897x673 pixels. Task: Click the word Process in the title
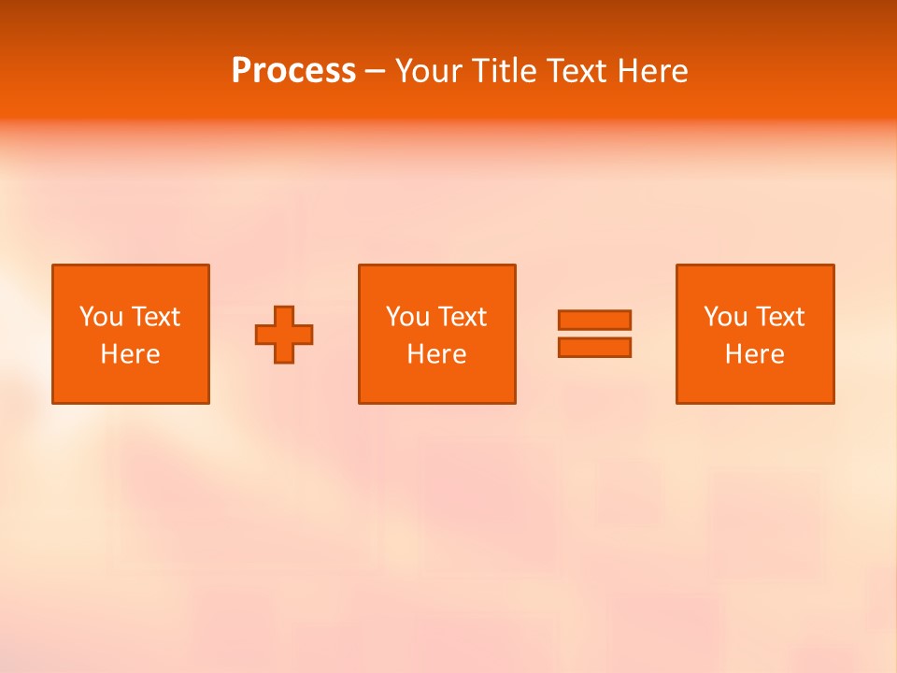[x=293, y=71]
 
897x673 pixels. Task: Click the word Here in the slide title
[x=653, y=71]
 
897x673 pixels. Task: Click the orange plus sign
[x=284, y=334]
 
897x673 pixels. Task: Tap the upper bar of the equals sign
[x=594, y=320]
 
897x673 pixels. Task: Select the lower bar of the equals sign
[x=594, y=347]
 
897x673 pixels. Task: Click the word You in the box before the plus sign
[x=100, y=317]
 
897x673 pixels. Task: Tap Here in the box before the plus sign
[x=130, y=354]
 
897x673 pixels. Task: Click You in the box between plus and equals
[x=406, y=317]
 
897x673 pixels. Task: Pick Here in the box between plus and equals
[x=436, y=354]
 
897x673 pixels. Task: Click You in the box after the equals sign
[x=724, y=317]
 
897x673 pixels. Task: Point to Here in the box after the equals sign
[x=754, y=354]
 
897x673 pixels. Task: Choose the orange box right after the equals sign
[x=755, y=383]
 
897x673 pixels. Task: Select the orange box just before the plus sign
[x=131, y=383]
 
